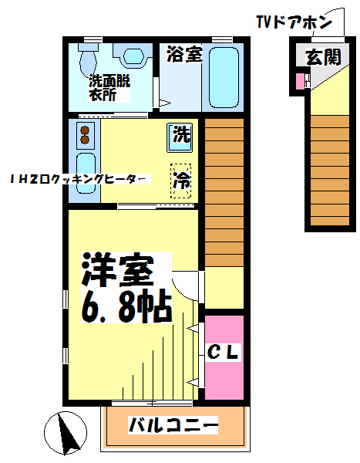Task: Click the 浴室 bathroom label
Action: [184, 54]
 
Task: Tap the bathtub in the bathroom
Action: [224, 78]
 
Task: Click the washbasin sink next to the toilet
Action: [133, 56]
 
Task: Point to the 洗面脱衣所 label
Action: [109, 88]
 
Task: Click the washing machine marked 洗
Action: [180, 137]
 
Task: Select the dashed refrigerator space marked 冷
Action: [180, 181]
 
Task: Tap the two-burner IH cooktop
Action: [86, 135]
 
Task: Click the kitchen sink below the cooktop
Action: [86, 174]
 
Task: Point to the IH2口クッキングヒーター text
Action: [79, 179]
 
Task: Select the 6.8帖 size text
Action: [126, 308]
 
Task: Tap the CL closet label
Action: [223, 352]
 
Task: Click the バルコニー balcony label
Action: [173, 425]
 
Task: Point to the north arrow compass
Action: [66, 433]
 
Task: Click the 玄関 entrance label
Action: [324, 57]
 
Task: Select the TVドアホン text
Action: [294, 22]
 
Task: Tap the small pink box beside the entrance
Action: [300, 80]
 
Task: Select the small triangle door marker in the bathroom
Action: [165, 103]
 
